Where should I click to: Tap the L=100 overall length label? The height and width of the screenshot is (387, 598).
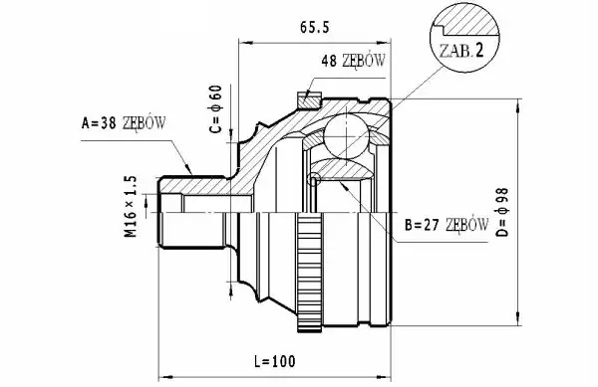275,361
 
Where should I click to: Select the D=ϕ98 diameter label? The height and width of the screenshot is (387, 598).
503,212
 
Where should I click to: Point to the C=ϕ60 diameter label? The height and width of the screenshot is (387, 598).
216,109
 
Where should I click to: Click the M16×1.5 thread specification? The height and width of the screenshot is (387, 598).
131,206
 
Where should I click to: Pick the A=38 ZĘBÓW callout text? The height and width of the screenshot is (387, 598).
124,123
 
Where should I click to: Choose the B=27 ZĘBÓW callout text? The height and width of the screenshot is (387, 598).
447,225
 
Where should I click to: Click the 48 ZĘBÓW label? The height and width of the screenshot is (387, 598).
353,61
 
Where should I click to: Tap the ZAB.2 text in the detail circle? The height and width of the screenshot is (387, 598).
461,51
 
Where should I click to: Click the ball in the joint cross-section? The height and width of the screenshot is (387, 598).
346,136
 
